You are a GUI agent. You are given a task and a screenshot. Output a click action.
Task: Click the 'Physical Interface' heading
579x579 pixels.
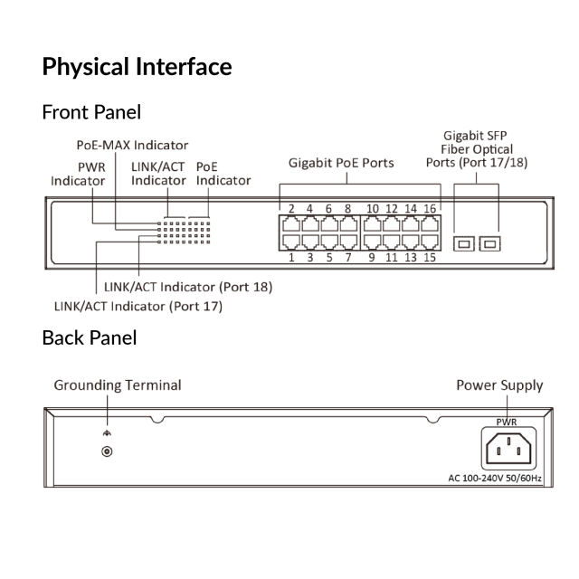(x=137, y=67)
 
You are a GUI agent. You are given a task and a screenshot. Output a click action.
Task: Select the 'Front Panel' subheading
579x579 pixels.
(x=91, y=113)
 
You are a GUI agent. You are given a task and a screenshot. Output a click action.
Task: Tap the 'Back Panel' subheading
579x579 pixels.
(x=90, y=338)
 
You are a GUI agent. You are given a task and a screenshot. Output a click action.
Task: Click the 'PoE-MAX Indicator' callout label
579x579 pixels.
(x=131, y=145)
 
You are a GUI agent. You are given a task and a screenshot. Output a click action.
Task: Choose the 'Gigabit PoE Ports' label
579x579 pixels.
(x=341, y=164)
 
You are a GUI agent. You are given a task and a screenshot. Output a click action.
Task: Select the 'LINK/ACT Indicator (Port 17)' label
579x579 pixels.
(x=138, y=306)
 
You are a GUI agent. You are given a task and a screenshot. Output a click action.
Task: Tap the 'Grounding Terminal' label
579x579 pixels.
(x=118, y=385)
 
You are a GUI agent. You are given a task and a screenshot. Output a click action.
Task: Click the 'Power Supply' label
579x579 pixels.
(x=499, y=385)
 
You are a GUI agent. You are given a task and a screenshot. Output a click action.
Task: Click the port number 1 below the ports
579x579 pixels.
(x=291, y=258)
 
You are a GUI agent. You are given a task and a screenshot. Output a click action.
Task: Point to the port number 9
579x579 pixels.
(x=372, y=258)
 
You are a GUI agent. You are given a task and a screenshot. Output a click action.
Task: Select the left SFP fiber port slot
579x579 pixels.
(x=464, y=243)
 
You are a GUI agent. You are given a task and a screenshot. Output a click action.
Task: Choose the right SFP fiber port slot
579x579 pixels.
(x=489, y=243)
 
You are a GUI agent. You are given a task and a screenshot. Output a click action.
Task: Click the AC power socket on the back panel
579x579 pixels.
(x=507, y=447)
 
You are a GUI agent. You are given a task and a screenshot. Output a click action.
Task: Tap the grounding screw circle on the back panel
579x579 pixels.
(x=108, y=451)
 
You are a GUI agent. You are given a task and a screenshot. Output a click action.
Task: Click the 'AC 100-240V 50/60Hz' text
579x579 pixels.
(x=495, y=477)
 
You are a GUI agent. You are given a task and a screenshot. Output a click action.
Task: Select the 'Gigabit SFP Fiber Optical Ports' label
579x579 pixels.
(x=477, y=148)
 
